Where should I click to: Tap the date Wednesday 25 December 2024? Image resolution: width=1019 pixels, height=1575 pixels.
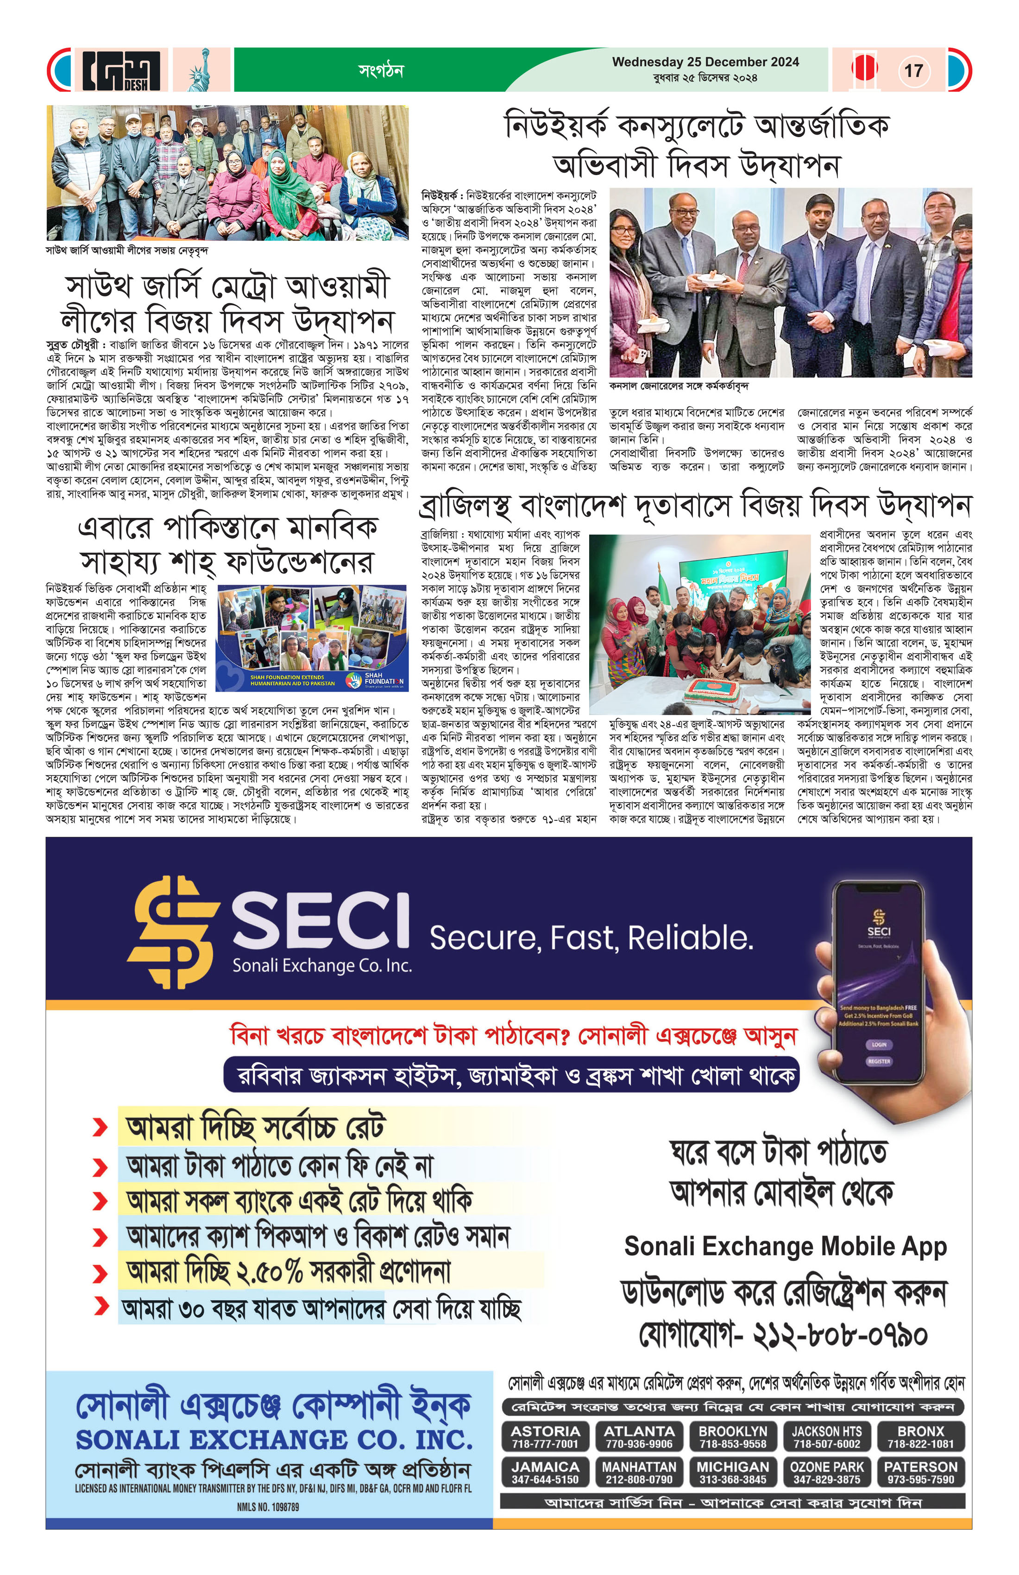pos(705,62)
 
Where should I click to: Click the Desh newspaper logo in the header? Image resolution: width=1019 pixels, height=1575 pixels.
pos(121,70)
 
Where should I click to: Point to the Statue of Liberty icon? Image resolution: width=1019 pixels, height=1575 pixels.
pos(201,70)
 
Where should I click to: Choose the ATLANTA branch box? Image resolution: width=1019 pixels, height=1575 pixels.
pos(639,1436)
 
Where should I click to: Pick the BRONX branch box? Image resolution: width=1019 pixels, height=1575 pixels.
pos(920,1436)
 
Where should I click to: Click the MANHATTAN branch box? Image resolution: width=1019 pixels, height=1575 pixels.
pos(639,1473)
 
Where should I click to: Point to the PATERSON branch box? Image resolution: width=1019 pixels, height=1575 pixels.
pos(920,1473)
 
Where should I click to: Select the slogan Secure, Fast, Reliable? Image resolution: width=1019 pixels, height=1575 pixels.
pos(591,938)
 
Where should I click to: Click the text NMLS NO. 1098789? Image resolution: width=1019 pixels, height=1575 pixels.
pos(268,1507)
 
